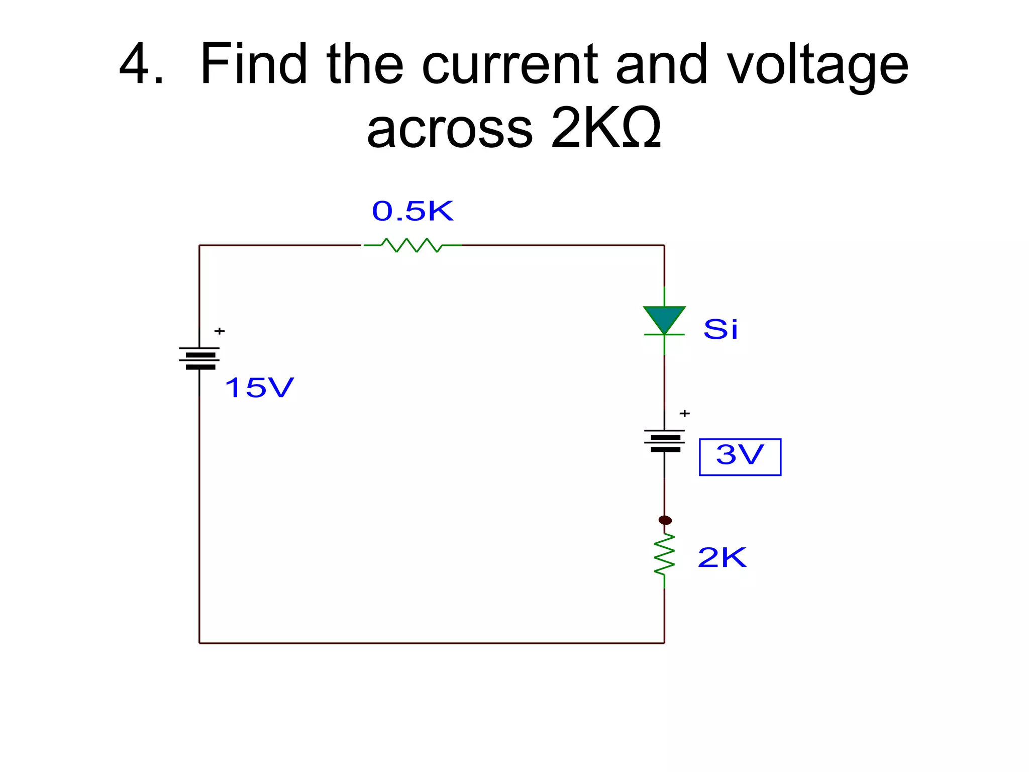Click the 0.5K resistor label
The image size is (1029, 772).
pyautogui.click(x=413, y=211)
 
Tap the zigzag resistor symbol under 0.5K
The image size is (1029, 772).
pyautogui.click(x=412, y=245)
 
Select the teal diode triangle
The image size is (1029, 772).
pyautogui.click(x=664, y=318)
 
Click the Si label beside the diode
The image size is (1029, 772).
pyautogui.click(x=721, y=330)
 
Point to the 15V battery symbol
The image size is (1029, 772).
pyautogui.click(x=199, y=358)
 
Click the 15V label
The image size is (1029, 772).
pyautogui.click(x=259, y=388)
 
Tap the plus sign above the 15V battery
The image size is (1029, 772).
pyautogui.click(x=220, y=331)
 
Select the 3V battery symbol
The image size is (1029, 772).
pyautogui.click(x=664, y=440)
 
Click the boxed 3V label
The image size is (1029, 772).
pyautogui.click(x=740, y=456)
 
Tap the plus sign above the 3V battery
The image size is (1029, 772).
pyautogui.click(x=684, y=414)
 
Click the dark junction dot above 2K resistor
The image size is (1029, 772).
pyautogui.click(x=665, y=520)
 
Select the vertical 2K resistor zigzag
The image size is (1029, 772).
pyautogui.click(x=664, y=555)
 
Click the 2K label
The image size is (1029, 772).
pyautogui.click(x=722, y=558)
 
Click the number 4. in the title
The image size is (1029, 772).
pyautogui.click(x=141, y=64)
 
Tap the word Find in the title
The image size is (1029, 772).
pyautogui.click(x=254, y=64)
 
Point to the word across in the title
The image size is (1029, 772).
pyautogui.click(x=449, y=129)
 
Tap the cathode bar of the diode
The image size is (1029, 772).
pyautogui.click(x=664, y=334)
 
